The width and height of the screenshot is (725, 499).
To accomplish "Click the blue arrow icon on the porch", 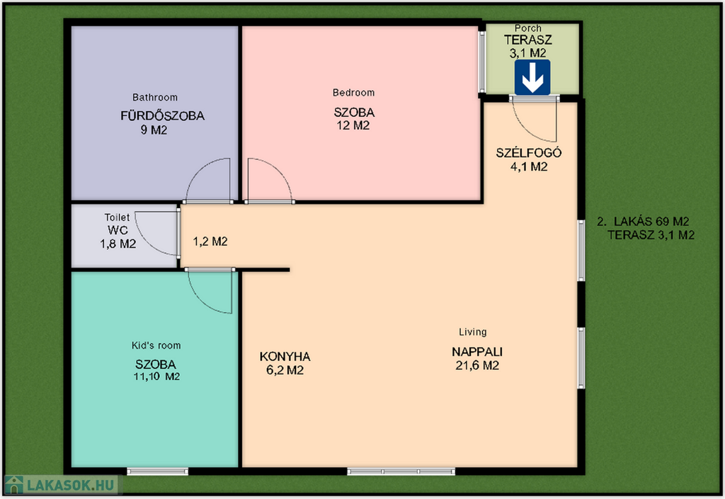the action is click(532, 78).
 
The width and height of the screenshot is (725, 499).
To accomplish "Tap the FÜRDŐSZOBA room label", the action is click(162, 115).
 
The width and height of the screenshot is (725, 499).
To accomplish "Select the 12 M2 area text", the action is click(353, 126).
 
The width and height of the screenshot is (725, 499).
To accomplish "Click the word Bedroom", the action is click(354, 93).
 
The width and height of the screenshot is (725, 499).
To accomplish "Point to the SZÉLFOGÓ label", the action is click(528, 153).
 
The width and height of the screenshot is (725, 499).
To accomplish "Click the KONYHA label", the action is click(285, 357).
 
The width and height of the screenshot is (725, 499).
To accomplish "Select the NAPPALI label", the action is click(477, 352).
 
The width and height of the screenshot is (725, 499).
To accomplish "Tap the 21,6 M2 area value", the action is click(477, 365).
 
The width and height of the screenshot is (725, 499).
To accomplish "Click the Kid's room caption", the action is click(156, 345).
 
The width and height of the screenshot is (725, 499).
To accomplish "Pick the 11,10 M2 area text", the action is click(156, 377).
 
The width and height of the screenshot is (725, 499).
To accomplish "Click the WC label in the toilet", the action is click(118, 230).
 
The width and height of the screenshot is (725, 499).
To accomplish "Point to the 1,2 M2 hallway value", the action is click(210, 241).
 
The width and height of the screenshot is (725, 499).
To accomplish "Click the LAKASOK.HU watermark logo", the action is click(60, 485).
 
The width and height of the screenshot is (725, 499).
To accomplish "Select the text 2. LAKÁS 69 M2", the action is click(643, 222).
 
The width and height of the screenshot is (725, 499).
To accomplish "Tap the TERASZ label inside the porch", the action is click(528, 40).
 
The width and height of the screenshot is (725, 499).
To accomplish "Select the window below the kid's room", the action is click(158, 471).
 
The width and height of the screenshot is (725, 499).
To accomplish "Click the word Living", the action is click(472, 332).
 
